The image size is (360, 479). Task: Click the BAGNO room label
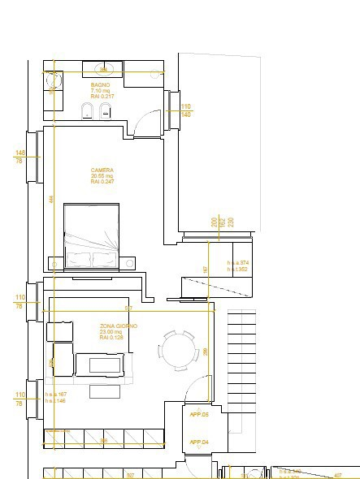pos(100,84)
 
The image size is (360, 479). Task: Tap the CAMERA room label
pos(102,170)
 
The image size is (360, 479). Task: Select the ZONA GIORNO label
pos(118,326)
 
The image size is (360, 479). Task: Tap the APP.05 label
pos(199,414)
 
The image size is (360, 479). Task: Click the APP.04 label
pos(199,442)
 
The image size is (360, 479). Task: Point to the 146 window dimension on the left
pos(20,153)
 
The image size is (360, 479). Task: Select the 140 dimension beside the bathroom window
pos(185,115)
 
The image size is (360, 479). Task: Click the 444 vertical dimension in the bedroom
pos(50,199)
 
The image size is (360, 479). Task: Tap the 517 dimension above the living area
pos(128,309)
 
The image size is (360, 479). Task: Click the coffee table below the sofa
pos(103,391)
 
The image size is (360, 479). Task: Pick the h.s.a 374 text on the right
pos(237,263)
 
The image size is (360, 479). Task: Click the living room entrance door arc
pos(197,391)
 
